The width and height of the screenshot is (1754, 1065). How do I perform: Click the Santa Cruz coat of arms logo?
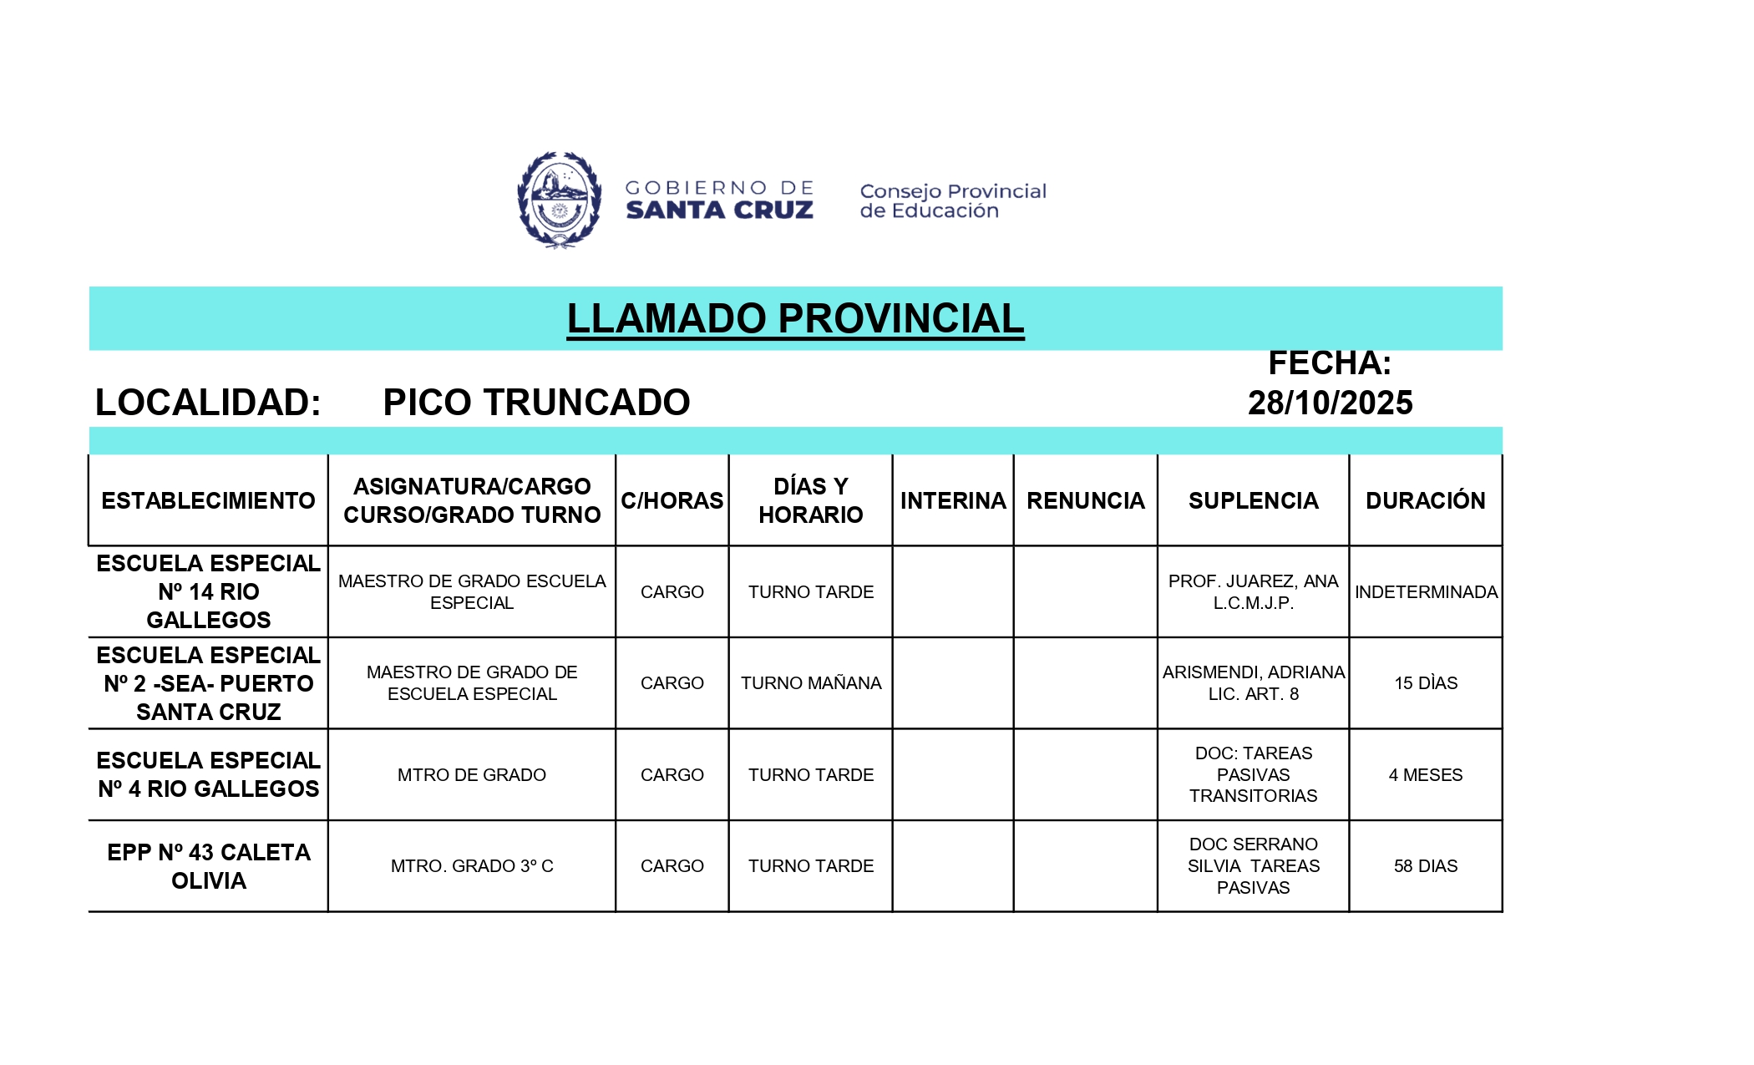(x=559, y=200)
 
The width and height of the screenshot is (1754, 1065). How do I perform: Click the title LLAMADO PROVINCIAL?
(x=795, y=318)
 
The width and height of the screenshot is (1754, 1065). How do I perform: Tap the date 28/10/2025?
(x=1330, y=403)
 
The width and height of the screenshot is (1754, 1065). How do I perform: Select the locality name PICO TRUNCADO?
(x=536, y=403)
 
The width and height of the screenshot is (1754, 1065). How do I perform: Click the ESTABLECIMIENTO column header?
(x=208, y=500)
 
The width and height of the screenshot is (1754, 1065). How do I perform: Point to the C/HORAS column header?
(x=672, y=500)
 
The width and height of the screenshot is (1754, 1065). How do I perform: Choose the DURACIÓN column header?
(x=1425, y=500)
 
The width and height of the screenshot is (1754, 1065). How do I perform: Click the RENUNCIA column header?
(x=1085, y=500)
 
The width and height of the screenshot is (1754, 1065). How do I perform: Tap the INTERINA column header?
(x=953, y=500)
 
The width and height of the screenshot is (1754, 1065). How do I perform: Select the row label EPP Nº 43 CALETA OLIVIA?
(x=208, y=866)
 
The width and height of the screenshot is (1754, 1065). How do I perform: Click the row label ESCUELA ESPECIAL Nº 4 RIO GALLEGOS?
(x=208, y=774)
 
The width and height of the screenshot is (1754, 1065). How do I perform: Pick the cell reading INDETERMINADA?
(x=1426, y=592)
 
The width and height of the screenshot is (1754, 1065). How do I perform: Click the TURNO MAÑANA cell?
(x=810, y=683)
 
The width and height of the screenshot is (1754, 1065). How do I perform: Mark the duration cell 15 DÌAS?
(x=1425, y=683)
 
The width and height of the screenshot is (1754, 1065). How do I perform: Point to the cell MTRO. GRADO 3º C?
(x=472, y=866)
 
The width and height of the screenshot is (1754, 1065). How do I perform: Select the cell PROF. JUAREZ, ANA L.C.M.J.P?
(x=1253, y=591)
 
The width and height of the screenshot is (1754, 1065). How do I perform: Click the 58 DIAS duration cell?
(x=1425, y=866)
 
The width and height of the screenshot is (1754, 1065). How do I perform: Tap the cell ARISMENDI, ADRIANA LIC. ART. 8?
(x=1253, y=683)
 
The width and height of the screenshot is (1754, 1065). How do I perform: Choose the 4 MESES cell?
(x=1425, y=775)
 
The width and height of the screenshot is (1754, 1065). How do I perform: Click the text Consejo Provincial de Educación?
(x=952, y=201)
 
